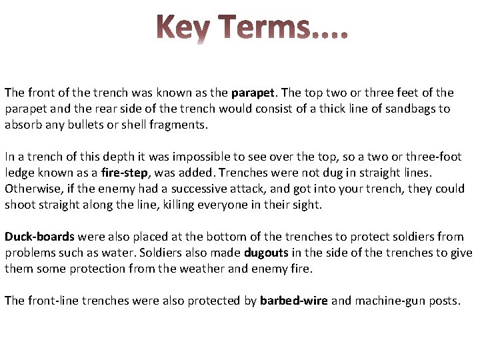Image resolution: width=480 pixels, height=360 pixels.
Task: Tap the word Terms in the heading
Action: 265,29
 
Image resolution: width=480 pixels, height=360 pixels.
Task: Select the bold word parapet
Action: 250,93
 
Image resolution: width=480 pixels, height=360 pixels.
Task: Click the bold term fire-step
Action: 126,173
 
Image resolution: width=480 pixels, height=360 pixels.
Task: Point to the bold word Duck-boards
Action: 39,237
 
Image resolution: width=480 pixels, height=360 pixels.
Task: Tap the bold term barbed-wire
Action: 293,301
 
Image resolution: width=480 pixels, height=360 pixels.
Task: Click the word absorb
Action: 22,125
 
